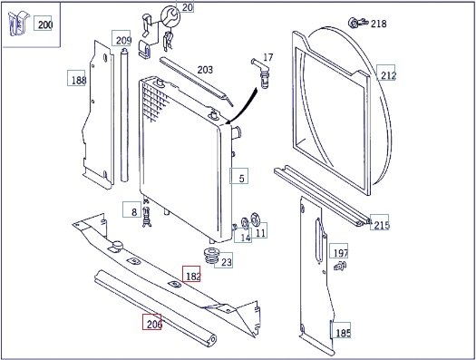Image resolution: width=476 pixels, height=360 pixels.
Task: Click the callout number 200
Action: click(45, 24)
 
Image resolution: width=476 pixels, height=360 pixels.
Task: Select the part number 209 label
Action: click(123, 41)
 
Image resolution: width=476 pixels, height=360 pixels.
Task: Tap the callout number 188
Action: click(78, 80)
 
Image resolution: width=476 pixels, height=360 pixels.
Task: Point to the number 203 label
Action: click(205, 70)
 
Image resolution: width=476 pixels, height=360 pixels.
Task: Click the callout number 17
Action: click(268, 57)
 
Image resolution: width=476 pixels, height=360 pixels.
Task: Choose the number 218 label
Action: click(379, 24)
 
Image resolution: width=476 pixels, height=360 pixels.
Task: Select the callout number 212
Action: click(388, 75)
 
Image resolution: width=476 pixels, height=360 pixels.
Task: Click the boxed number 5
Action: click(242, 179)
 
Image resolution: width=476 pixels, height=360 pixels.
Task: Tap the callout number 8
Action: click(134, 212)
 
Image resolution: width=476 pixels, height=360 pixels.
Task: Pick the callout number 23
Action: click(227, 262)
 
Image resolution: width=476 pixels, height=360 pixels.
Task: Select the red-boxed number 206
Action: click(154, 325)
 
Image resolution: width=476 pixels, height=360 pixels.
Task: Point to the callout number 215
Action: click(382, 225)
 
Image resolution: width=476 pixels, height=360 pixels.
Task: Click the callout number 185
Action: click(343, 333)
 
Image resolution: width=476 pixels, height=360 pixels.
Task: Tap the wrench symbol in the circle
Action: click(170, 16)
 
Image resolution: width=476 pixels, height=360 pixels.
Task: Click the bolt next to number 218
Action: click(358, 23)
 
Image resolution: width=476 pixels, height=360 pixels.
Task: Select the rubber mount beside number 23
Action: click(212, 256)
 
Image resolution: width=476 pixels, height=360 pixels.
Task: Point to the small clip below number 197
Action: click(340, 266)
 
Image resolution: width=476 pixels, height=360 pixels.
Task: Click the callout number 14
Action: click(246, 238)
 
